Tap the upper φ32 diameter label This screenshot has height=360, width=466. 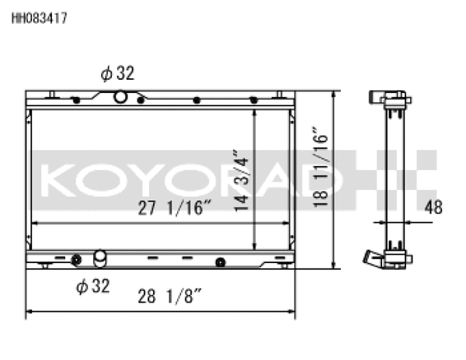click(x=117, y=74)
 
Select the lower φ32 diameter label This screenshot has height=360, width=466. click(x=92, y=286)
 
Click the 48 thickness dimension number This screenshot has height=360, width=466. click(x=436, y=206)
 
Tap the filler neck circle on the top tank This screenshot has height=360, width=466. click(x=120, y=97)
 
